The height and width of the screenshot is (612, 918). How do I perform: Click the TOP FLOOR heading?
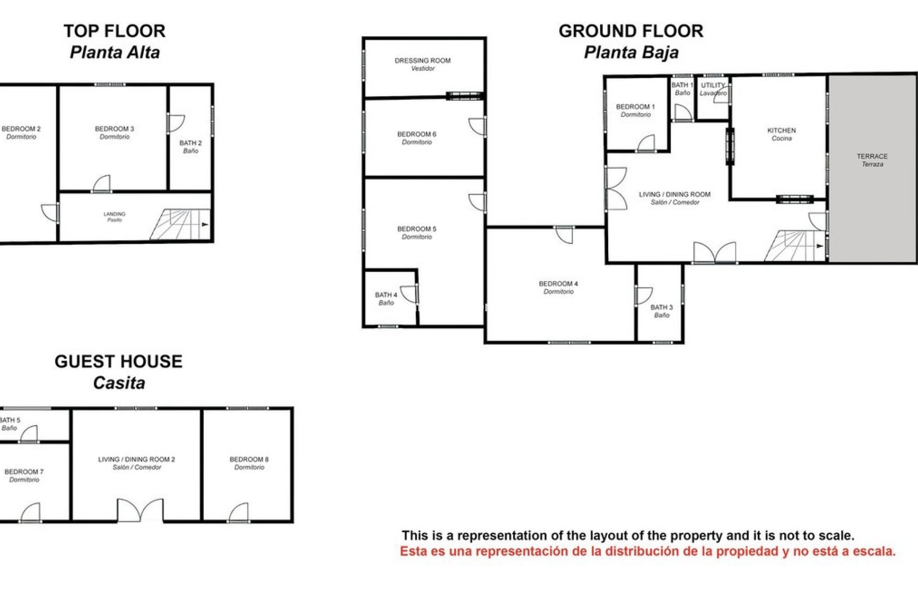(x=115, y=32)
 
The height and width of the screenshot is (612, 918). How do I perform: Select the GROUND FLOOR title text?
(x=631, y=32)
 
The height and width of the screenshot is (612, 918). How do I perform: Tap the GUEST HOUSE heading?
(x=119, y=362)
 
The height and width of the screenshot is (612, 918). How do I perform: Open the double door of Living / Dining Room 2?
(x=140, y=511)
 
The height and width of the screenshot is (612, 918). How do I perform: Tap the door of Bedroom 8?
(x=239, y=513)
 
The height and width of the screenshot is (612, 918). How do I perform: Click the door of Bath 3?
(x=644, y=296)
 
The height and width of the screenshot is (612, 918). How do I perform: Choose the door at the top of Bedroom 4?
(x=565, y=234)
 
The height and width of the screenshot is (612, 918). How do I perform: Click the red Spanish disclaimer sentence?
(x=648, y=552)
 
